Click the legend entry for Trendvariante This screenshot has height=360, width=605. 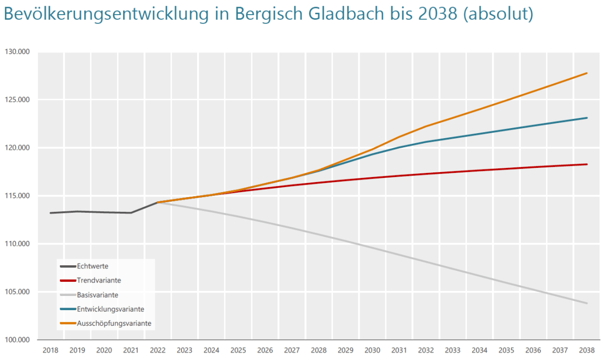99,280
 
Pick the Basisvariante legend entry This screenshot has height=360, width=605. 97,294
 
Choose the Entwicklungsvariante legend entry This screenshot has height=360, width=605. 107,308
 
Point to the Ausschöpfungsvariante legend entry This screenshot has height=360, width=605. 114,322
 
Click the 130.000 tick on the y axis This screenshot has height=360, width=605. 18,51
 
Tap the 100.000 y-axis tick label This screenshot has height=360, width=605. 18,340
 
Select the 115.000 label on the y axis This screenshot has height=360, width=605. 18,196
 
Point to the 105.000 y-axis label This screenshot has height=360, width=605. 18,292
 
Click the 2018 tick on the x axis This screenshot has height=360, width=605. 50,350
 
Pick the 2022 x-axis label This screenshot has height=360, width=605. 158,350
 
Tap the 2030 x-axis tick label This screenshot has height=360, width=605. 372,350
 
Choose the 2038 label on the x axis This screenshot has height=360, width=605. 586,350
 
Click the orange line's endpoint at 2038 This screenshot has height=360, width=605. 586,73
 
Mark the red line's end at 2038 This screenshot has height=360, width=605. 586,164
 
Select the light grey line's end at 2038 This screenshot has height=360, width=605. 586,303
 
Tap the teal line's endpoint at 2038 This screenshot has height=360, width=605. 586,118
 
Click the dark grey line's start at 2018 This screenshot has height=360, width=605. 51,213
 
